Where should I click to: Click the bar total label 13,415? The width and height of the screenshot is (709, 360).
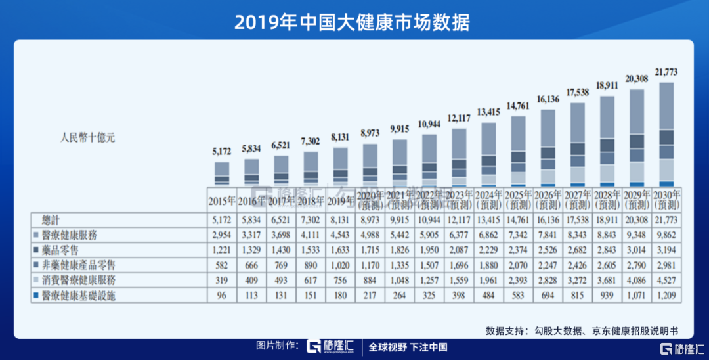[x=488, y=112]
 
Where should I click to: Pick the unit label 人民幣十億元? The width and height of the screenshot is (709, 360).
[x=87, y=138]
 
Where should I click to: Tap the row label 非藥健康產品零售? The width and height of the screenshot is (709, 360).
[x=76, y=265]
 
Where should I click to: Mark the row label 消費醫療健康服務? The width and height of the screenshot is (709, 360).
[x=76, y=280]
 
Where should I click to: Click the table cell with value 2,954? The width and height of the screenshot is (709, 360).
[x=222, y=235]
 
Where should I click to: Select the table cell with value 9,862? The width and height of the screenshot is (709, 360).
[x=666, y=235]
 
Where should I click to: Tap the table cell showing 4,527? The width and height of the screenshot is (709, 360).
[x=666, y=280]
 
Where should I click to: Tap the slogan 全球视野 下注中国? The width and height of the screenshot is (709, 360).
[x=408, y=347]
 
